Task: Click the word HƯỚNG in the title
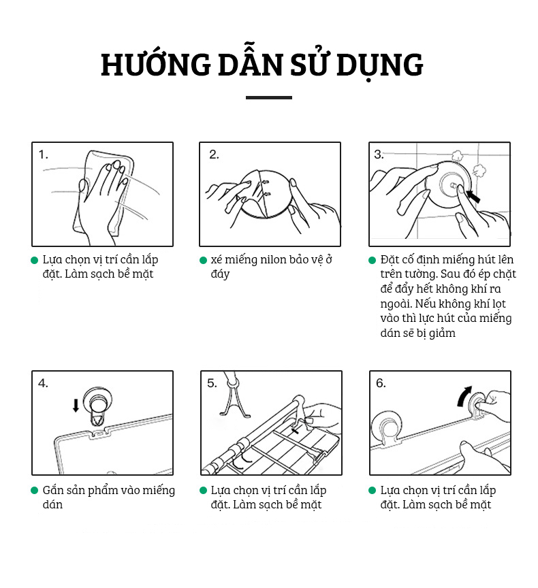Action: [x=156, y=64]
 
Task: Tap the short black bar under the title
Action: [x=268, y=97]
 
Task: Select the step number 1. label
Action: [x=44, y=154]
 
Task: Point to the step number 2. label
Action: [x=214, y=154]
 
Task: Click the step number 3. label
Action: [x=379, y=154]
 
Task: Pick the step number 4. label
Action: [x=43, y=383]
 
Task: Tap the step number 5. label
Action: [x=212, y=383]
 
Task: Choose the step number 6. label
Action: [x=381, y=383]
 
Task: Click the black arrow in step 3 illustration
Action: [x=473, y=196]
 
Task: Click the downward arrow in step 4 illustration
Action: [x=76, y=406]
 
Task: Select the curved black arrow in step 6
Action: [x=464, y=395]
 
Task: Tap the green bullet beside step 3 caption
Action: [x=372, y=260]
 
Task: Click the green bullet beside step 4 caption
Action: [x=35, y=491]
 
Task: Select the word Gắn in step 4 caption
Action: [x=52, y=490]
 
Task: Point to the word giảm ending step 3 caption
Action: [x=443, y=333]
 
